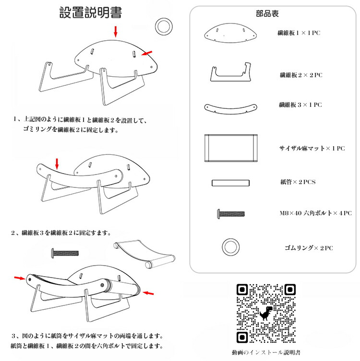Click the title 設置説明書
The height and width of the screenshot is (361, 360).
(91, 12)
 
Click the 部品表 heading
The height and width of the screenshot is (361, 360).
(267, 13)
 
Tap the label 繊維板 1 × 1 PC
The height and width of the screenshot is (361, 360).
(299, 33)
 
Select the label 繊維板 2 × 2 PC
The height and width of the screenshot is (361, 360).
(301, 75)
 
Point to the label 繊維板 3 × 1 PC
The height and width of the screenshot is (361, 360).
(300, 105)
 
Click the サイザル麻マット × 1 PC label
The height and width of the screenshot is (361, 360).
(312, 148)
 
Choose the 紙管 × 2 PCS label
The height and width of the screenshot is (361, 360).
(298, 182)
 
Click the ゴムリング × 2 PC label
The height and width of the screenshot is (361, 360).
(309, 248)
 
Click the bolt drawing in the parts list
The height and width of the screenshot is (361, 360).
(231, 214)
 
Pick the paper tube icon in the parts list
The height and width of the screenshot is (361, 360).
(230, 183)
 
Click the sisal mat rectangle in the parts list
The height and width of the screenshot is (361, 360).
(231, 148)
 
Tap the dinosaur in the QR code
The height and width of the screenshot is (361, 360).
(266, 313)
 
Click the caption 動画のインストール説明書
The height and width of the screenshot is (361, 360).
(266, 352)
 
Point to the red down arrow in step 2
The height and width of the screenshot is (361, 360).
(57, 163)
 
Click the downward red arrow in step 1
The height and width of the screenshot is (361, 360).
(116, 32)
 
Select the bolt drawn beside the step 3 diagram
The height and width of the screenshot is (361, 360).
(65, 253)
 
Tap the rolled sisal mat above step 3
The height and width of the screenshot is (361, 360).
(144, 254)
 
